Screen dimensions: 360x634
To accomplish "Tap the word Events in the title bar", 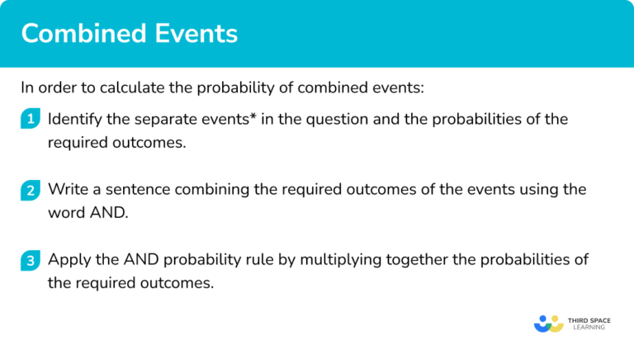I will pyautogui.click(x=196, y=34).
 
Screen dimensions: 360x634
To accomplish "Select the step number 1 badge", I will pyautogui.click(x=31, y=120).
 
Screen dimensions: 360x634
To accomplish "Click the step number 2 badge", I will pyautogui.click(x=31, y=191).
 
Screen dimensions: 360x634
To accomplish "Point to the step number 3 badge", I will pyautogui.click(x=31, y=261).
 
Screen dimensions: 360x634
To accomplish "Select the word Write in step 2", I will pyautogui.click(x=66, y=189).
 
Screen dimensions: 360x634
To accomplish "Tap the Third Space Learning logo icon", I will pyautogui.click(x=549, y=323).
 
